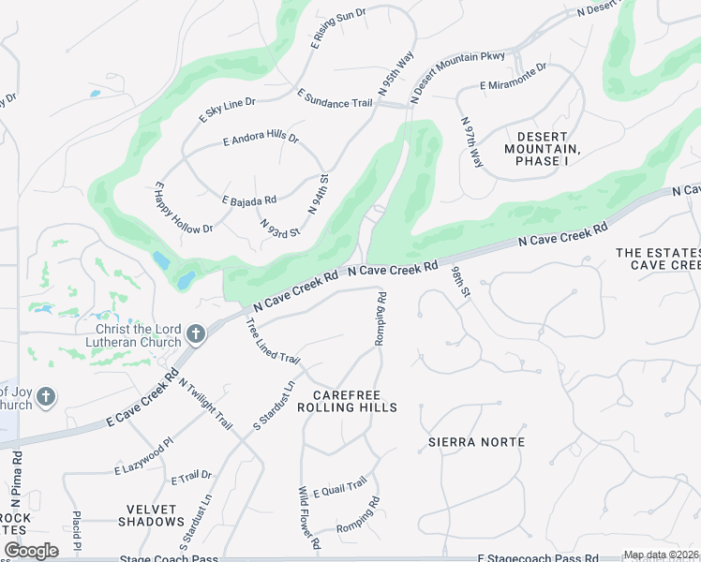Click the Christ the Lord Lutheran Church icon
tap(196, 333)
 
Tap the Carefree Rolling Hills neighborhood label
tap(347, 401)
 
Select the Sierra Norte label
tap(476, 441)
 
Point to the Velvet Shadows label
tap(151, 515)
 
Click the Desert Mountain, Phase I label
tap(542, 148)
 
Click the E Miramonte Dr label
tap(513, 76)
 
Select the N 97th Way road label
tap(470, 142)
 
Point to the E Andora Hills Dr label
tap(261, 140)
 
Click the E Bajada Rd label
tap(249, 200)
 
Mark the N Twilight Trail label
tap(205, 404)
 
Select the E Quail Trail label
tap(339, 486)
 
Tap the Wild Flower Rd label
tap(308, 512)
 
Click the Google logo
tap(32, 550)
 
